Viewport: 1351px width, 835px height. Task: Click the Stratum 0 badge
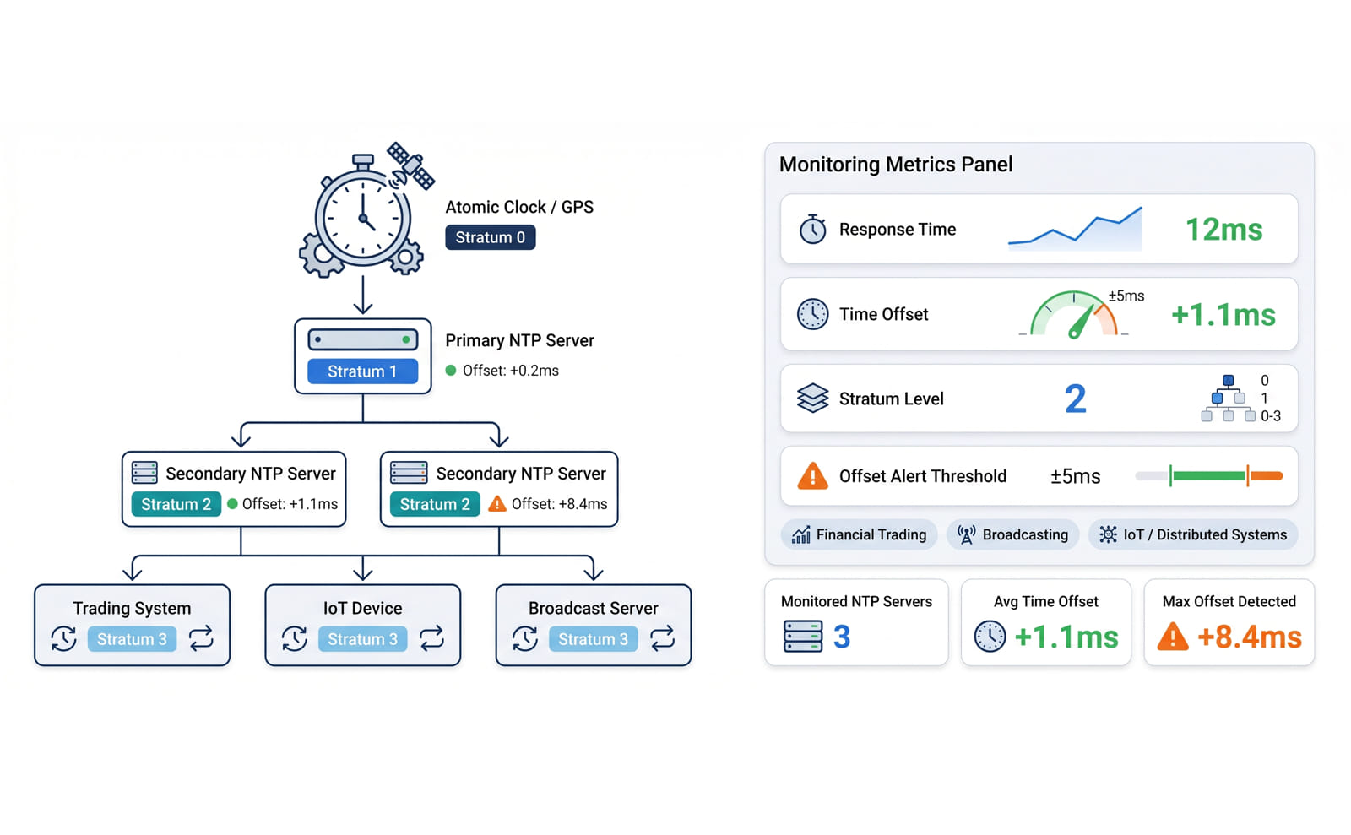tap(491, 237)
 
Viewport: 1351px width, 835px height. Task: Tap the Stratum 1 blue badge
tap(362, 371)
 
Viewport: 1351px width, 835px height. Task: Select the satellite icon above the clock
tap(411, 165)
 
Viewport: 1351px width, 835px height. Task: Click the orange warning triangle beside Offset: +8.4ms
tap(497, 503)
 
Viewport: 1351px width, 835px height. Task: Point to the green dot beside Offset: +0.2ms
tap(451, 370)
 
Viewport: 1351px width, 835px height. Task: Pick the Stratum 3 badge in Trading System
tap(132, 639)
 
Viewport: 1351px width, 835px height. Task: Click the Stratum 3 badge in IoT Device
tap(362, 639)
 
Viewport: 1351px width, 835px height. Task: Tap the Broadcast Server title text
tap(593, 609)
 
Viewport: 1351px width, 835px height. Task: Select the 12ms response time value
tap(1223, 230)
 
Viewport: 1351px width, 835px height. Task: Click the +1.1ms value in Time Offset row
tap(1223, 315)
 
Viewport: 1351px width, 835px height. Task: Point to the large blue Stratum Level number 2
tap(1076, 399)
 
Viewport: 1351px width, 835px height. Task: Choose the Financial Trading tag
tap(859, 534)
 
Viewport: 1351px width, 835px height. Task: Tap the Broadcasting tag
tap(1012, 534)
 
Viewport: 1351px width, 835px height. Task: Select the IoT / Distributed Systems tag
tap(1193, 534)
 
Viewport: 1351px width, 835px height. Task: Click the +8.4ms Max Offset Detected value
tap(1250, 637)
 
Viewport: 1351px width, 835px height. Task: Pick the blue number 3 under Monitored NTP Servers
tap(842, 637)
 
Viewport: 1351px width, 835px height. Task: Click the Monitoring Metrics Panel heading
tap(896, 165)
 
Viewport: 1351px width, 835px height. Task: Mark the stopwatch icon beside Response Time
tap(812, 229)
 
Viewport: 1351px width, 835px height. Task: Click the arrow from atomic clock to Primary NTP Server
tap(362, 295)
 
